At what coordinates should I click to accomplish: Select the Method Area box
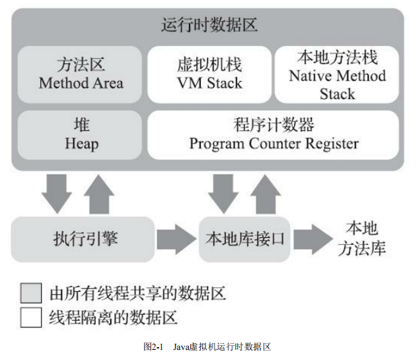pos(80,74)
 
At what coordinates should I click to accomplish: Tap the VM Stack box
pos(209,74)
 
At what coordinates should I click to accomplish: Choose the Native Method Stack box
pos(337,74)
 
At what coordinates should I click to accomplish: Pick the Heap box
pos(80,134)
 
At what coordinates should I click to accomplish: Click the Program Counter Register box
pos(274,134)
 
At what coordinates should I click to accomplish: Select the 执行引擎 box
pos(82,239)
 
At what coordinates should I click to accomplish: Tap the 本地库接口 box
pos(244,239)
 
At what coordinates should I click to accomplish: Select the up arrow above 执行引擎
pos(100,192)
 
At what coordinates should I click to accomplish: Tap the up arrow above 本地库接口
pos(265,192)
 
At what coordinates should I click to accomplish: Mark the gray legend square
pos(31,293)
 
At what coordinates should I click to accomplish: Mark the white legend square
pos(31,317)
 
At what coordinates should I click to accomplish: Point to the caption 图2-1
pos(154,347)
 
